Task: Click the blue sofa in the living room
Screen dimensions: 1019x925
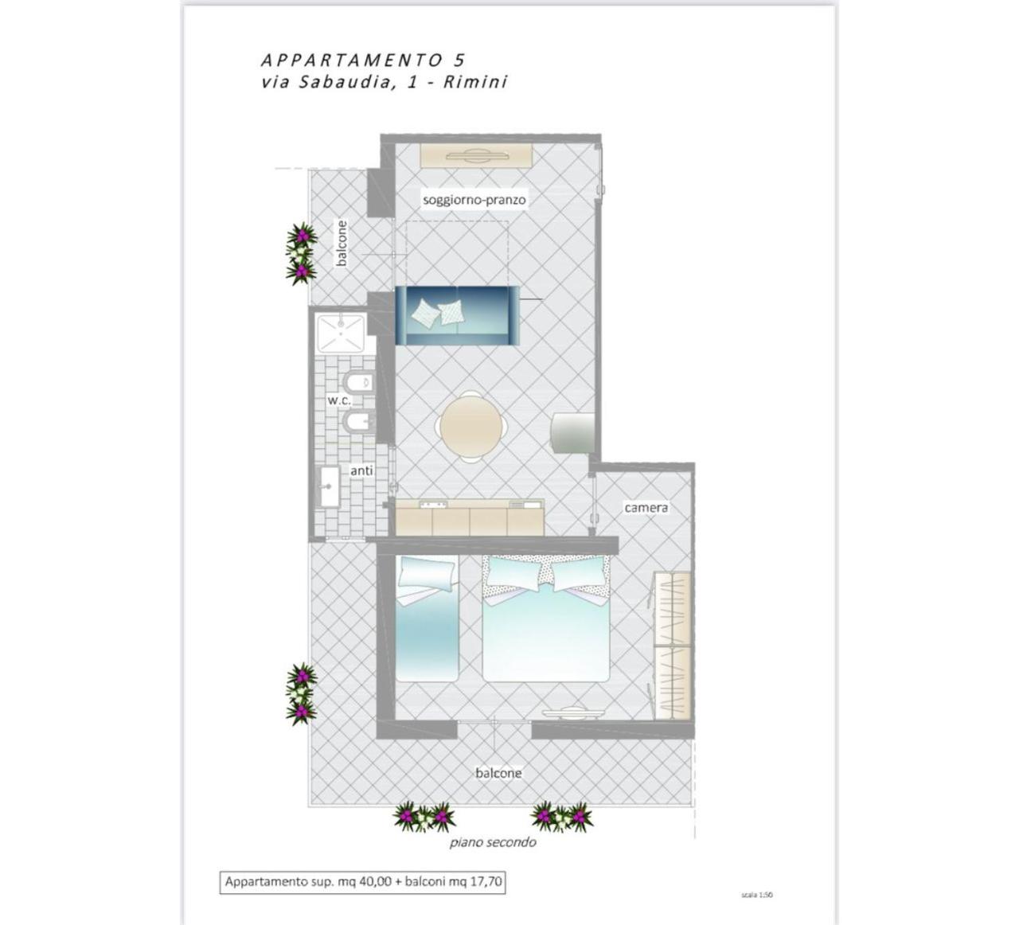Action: (x=457, y=315)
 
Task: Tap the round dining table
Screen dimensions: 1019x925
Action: (x=471, y=426)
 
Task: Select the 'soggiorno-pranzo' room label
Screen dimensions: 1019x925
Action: (x=474, y=200)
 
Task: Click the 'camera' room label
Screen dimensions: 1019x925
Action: (x=646, y=507)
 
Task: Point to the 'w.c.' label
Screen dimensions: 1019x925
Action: (x=339, y=400)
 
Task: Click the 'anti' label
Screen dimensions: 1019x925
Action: (x=361, y=471)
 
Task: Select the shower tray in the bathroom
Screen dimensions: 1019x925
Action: (x=341, y=334)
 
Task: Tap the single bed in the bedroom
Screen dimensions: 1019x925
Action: (x=427, y=618)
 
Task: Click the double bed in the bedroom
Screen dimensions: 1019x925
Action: (x=546, y=618)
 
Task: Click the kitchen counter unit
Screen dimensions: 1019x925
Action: (x=470, y=517)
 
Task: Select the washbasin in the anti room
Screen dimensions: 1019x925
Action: (x=329, y=486)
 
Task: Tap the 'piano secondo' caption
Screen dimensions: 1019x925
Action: (x=493, y=842)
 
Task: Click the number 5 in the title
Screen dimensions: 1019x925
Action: (x=459, y=60)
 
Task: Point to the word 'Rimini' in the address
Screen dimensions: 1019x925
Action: (x=475, y=82)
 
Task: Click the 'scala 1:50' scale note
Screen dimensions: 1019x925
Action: (x=757, y=895)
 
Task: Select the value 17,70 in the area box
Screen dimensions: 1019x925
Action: (x=486, y=881)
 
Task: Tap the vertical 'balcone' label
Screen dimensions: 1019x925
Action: (x=342, y=243)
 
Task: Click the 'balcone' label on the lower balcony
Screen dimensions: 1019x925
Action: (x=498, y=773)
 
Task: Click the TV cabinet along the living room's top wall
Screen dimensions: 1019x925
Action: (x=476, y=155)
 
